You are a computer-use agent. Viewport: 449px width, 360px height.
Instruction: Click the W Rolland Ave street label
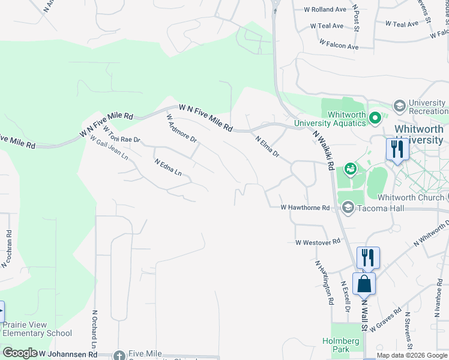(x=328, y=10)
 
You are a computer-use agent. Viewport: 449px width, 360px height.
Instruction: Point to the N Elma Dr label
(x=267, y=146)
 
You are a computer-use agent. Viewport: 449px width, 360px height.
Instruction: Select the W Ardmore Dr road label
(x=181, y=128)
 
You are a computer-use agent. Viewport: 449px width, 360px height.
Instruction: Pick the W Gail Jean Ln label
(x=109, y=147)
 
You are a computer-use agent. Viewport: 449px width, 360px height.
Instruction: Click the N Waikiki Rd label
(x=323, y=151)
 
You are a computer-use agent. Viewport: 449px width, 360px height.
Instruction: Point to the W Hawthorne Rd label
(x=306, y=208)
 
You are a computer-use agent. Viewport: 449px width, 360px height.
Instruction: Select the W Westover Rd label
(x=318, y=242)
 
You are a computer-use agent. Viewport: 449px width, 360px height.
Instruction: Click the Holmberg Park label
(x=345, y=346)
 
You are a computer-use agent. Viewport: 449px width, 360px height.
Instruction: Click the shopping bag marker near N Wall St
(x=364, y=283)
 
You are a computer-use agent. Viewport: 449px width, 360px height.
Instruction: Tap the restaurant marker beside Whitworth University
(x=397, y=149)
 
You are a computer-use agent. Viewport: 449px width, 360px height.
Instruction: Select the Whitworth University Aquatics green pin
(x=375, y=118)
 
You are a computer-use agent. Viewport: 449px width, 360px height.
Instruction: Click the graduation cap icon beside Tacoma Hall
(x=348, y=208)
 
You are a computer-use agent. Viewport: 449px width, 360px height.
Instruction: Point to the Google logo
(x=20, y=353)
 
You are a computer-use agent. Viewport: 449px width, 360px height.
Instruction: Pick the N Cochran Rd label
(x=7, y=248)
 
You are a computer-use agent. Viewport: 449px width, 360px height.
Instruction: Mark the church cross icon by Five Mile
(x=119, y=355)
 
